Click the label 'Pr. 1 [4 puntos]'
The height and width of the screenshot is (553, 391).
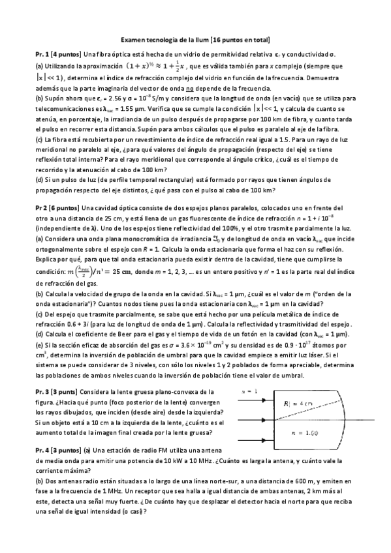click(x=57, y=55)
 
